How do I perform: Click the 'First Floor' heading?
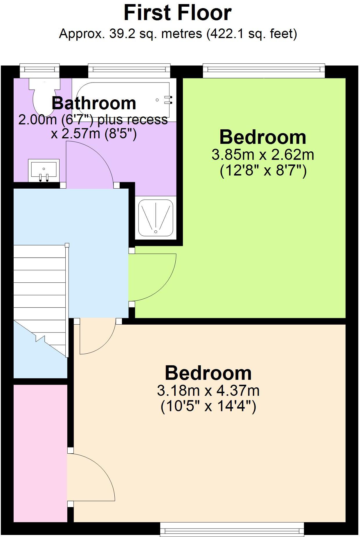[177, 13]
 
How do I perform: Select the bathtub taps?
[168, 100]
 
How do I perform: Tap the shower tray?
[156, 218]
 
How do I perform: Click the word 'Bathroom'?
[94, 103]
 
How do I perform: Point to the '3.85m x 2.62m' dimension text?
[263, 155]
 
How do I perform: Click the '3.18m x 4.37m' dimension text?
[208, 391]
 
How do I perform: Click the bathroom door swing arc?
[90, 163]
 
